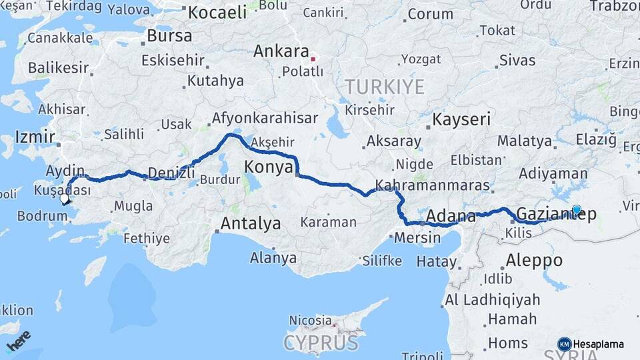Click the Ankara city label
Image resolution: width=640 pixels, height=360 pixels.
[x=281, y=51]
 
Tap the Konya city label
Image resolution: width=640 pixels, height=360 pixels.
[x=268, y=167]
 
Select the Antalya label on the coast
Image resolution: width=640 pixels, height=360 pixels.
[x=251, y=223]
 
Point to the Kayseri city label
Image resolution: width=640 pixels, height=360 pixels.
[x=461, y=120]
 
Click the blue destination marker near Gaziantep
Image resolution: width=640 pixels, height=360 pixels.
[x=577, y=209]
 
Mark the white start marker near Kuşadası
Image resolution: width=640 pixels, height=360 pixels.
[x=65, y=199]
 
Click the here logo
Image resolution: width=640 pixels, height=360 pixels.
[x=19, y=341]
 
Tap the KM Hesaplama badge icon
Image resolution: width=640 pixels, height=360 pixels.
[x=564, y=344]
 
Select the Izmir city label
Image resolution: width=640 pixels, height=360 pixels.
[x=35, y=137]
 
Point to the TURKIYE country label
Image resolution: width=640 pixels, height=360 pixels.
[x=385, y=87]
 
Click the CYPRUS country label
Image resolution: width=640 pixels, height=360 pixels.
[x=321, y=343]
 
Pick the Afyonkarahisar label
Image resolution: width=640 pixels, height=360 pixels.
[x=265, y=119]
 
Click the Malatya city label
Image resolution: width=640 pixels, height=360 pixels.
[x=525, y=141]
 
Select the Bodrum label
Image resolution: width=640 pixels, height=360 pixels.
[x=42, y=215]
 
